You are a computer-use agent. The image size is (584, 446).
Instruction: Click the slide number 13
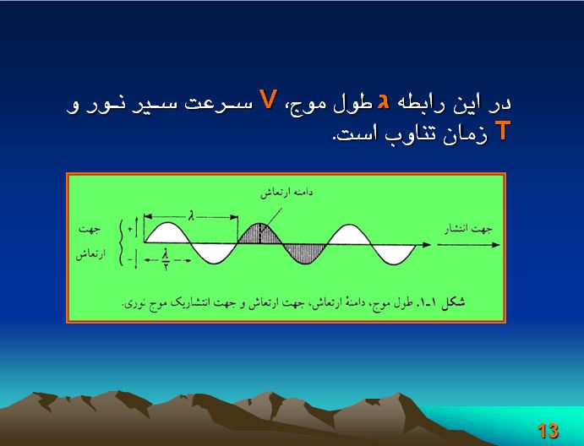pos(548,431)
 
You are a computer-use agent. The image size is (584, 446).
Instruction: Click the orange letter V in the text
pos(268,100)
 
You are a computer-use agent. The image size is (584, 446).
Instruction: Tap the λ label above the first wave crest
pos(191,215)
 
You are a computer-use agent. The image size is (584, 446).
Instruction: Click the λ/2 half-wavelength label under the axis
pos(166,259)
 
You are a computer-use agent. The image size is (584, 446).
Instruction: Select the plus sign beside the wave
pos(129,229)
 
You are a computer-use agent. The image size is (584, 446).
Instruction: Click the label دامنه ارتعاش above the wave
pos(286,193)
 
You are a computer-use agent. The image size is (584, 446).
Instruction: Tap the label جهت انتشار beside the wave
pos(468,229)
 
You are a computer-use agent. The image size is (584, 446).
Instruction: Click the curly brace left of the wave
pos(121,242)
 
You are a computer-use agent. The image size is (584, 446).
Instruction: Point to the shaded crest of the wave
pos(260,234)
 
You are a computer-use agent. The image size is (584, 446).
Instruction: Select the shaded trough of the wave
pos(305,253)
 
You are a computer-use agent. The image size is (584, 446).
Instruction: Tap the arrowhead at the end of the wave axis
pos(427,245)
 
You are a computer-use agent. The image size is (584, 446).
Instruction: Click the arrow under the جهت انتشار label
pos(468,245)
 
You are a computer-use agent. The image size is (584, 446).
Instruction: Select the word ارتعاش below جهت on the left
pos(91,254)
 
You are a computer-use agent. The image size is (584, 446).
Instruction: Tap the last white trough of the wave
pos(394,254)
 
